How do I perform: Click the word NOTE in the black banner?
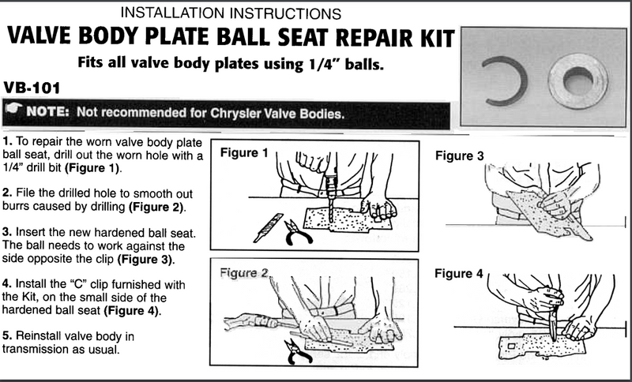(x=51, y=114)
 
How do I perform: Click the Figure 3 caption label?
(x=459, y=155)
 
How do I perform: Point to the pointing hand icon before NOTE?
(x=14, y=112)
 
